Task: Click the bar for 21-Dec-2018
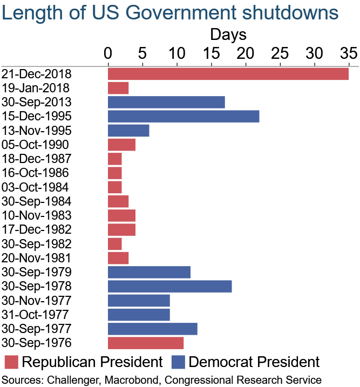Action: pyautogui.click(x=228, y=73)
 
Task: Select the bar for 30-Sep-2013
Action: pyautogui.click(x=166, y=102)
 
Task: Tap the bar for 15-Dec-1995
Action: pyautogui.click(x=184, y=116)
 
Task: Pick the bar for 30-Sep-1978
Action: pyautogui.click(x=169, y=286)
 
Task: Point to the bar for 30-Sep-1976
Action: pyautogui.click(x=146, y=343)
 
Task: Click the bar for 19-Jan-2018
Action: pyautogui.click(x=118, y=88)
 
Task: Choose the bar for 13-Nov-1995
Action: pyautogui.click(x=128, y=130)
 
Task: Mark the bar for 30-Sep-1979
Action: pyautogui.click(x=149, y=272)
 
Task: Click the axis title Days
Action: pyautogui.click(x=228, y=35)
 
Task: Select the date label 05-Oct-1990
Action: pyautogui.click(x=36, y=145)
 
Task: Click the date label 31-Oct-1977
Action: pyautogui.click(x=36, y=315)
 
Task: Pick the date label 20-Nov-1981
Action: pyautogui.click(x=36, y=258)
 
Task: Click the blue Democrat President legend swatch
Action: pyautogui.click(x=179, y=362)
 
